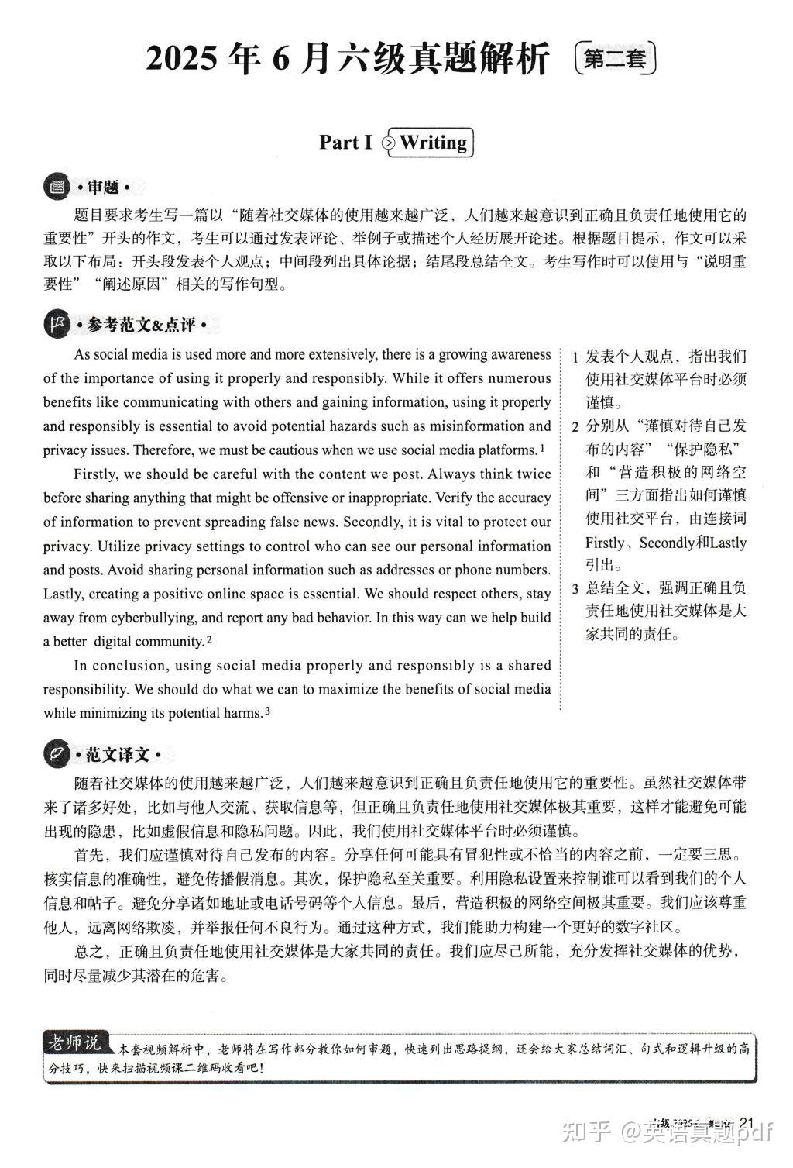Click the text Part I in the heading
click(345, 143)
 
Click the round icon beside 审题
click(57, 188)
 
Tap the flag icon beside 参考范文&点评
click(57, 326)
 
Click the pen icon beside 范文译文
click(57, 754)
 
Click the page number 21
click(747, 1123)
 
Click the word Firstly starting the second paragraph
click(96, 474)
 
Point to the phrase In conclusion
click(119, 666)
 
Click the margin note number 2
click(575, 427)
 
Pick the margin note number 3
click(575, 588)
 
